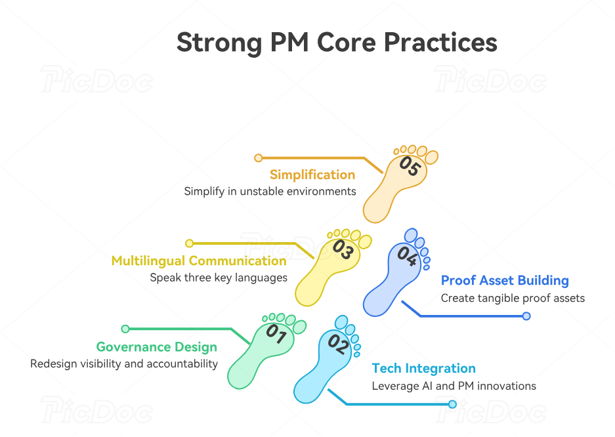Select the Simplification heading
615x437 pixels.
coord(312,175)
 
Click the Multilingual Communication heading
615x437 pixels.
coord(199,260)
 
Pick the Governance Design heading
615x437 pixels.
coord(156,347)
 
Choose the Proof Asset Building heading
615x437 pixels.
coord(505,281)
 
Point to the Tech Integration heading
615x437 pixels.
coord(423,368)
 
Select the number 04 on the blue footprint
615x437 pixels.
coord(406,256)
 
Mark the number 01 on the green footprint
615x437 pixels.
coord(276,335)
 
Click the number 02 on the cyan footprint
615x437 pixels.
coord(337,344)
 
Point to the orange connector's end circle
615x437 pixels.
coord(259,158)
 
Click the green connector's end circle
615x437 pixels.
coord(125,329)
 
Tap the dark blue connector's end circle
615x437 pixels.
coord(526,316)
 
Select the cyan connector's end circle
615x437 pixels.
coord(452,404)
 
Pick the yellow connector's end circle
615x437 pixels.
coord(190,243)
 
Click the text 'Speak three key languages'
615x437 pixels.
coord(219,278)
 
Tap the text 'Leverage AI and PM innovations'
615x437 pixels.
coord(454,386)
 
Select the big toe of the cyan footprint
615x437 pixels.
coord(341,322)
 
